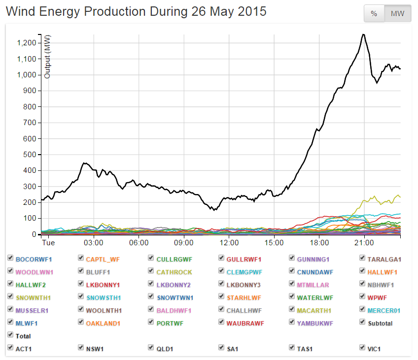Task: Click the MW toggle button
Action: tap(397, 14)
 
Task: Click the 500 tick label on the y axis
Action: tap(30, 155)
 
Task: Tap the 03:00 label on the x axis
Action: tap(94, 243)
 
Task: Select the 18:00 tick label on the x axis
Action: tap(319, 243)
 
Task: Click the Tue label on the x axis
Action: tap(48, 243)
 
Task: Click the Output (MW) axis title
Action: tap(48, 57)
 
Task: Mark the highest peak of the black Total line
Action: tap(363, 34)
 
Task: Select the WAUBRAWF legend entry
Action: tap(245, 323)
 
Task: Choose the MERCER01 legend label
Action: tap(384, 310)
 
